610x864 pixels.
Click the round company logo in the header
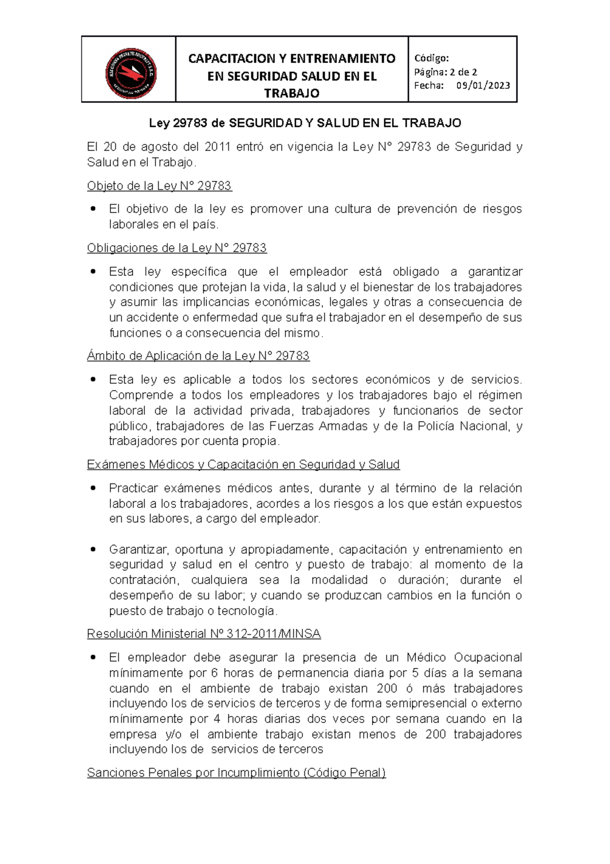tap(130, 74)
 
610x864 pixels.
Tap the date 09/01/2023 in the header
tap(483, 85)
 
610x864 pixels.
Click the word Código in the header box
tap(431, 58)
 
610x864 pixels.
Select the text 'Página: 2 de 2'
tap(445, 72)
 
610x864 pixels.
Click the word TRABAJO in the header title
tap(292, 93)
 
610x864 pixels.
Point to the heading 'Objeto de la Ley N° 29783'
tap(159, 186)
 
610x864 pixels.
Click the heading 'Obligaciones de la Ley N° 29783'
tap(176, 248)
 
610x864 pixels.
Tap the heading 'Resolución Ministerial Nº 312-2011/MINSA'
tap(203, 633)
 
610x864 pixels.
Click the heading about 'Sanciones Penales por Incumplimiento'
tap(236, 772)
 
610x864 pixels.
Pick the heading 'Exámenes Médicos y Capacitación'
tap(243, 464)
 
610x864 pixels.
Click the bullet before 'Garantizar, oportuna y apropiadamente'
tap(93, 549)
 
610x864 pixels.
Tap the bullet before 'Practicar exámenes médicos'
tap(93, 488)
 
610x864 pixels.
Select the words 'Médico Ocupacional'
tap(464, 657)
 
